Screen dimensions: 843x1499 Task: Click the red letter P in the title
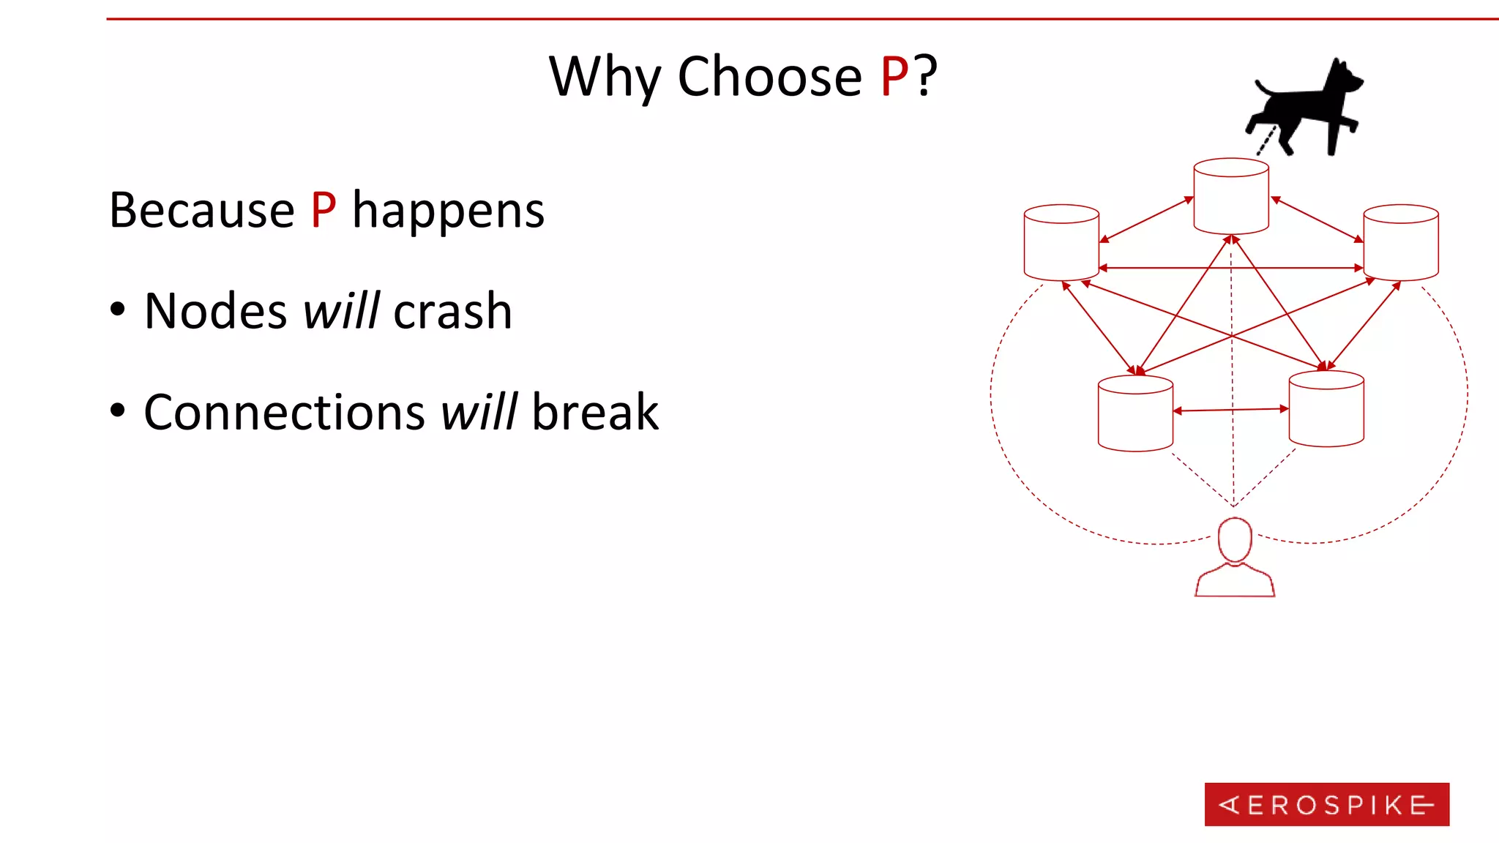894,76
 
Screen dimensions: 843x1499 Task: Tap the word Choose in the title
769,76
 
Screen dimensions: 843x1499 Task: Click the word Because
201,211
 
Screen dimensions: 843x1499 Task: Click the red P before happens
324,211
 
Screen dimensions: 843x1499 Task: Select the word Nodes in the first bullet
216,312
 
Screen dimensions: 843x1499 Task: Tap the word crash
452,312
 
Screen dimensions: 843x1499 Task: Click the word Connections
284,413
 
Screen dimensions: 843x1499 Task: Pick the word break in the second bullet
595,413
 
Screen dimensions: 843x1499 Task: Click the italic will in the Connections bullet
479,413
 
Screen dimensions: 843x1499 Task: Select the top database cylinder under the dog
1231,196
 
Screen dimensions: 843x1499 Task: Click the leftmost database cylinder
1061,242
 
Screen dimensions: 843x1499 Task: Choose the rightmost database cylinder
1401,242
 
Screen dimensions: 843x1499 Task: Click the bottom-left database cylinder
1135,413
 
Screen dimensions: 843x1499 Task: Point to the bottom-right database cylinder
1326,408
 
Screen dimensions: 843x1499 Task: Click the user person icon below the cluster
1235,559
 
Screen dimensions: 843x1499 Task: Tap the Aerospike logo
1326,804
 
